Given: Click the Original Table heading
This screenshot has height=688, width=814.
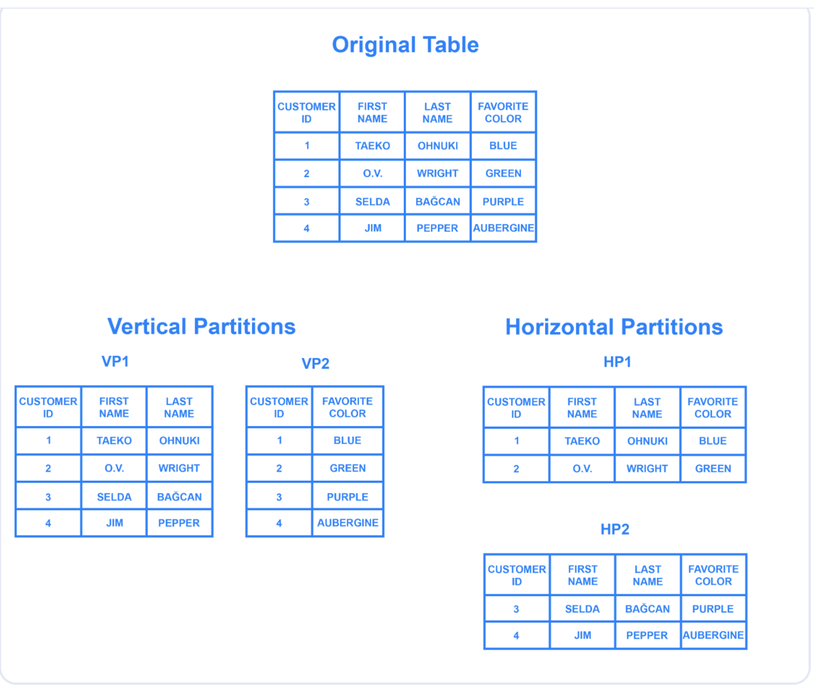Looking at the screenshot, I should coord(405,45).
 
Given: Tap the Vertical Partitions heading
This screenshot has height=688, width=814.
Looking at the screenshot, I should coord(201,326).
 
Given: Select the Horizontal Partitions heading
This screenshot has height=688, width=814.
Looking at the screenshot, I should coord(614,327).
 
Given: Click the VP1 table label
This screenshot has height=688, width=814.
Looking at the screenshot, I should coord(115,361).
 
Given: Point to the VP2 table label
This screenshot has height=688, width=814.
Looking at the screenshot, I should coord(315,364).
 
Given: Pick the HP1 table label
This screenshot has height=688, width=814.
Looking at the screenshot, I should coord(617,362).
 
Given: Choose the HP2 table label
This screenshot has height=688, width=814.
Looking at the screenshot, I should coord(614,529).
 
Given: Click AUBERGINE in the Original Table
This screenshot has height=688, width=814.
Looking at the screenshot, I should coord(503,228).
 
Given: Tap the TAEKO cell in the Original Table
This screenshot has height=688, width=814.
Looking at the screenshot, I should coord(372,146).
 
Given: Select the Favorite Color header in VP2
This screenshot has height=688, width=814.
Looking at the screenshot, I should coord(347,408).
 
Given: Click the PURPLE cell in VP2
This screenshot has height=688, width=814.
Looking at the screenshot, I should coord(347,497).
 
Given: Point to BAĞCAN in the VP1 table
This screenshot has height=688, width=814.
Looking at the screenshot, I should coord(179,497).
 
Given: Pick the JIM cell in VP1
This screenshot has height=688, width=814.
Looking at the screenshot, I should coord(114,523).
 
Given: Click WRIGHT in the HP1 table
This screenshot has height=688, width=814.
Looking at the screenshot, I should coord(646,469).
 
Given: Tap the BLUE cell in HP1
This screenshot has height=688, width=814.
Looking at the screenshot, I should coord(713,441).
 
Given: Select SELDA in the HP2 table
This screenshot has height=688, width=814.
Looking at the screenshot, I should coord(582,609).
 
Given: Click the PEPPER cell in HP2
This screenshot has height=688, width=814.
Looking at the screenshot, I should coord(646,635).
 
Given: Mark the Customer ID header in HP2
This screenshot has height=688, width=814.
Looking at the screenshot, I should coord(517,575).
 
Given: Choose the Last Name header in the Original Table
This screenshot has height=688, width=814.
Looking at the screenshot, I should coord(437,113).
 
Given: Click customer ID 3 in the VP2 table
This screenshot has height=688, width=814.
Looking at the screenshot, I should coord(279,497).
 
